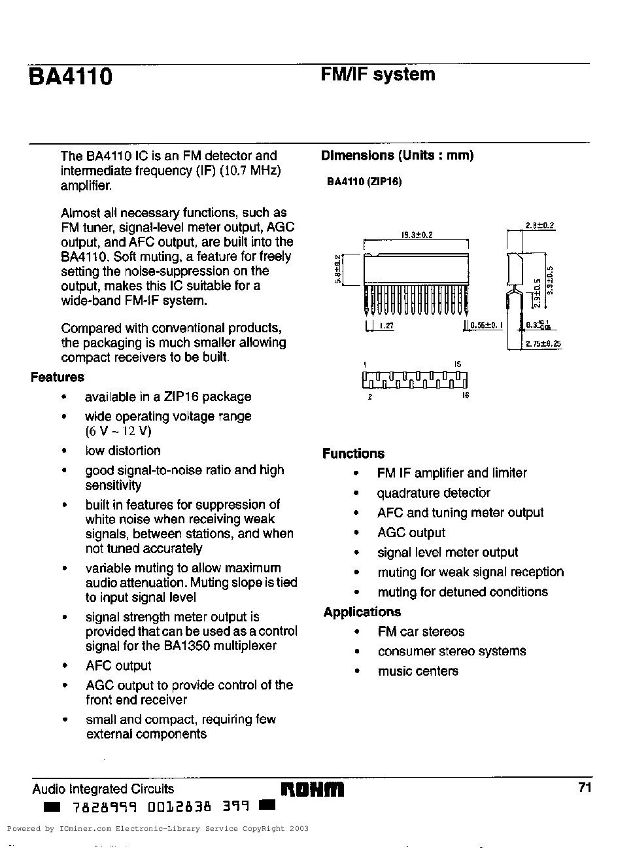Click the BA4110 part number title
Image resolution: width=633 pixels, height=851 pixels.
point(71,77)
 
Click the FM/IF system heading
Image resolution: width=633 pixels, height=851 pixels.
point(377,75)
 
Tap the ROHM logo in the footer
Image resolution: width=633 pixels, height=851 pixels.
point(312,790)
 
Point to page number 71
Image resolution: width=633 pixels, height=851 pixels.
point(585,788)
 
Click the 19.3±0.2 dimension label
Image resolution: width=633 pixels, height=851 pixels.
point(417,234)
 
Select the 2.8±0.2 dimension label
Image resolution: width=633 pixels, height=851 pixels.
point(539,226)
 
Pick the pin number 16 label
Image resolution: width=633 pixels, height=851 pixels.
point(466,395)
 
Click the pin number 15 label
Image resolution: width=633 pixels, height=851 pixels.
point(458,364)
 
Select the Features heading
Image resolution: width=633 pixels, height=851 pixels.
point(58,377)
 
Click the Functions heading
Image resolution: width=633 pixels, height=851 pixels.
point(353,453)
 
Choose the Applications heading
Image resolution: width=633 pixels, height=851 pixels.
point(362,612)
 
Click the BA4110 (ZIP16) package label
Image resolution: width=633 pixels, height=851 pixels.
point(364,181)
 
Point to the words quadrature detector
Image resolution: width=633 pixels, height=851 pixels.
point(433,493)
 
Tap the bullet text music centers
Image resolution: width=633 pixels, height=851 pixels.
point(417,671)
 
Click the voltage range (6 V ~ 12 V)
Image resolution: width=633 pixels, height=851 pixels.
point(118,431)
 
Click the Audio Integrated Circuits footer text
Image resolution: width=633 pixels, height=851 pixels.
point(103,789)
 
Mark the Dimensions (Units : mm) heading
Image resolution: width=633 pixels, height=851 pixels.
point(397,156)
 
